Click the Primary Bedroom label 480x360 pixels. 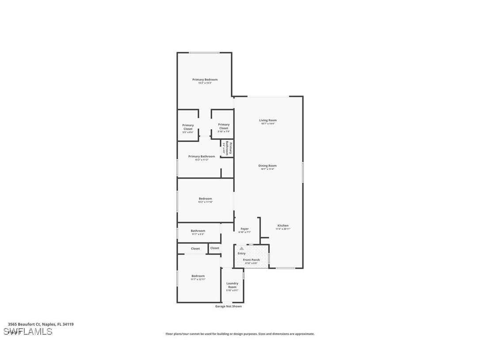(205, 80)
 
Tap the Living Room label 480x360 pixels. (268, 120)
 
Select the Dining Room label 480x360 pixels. (267, 166)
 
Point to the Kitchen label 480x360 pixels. (282, 226)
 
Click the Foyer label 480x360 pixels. (244, 229)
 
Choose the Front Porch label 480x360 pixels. (251, 260)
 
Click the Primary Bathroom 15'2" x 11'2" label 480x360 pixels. (202, 157)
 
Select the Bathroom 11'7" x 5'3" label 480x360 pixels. (198, 231)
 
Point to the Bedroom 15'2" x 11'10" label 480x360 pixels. (206, 199)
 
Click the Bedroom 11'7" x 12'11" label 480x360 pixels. (198, 276)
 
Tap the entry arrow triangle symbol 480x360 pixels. (241, 249)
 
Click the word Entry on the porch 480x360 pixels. (241, 253)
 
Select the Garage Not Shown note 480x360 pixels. (228, 306)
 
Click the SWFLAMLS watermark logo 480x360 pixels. (27, 332)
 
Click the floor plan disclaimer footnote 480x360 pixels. (240, 334)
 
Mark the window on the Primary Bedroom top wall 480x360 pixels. (204, 53)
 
